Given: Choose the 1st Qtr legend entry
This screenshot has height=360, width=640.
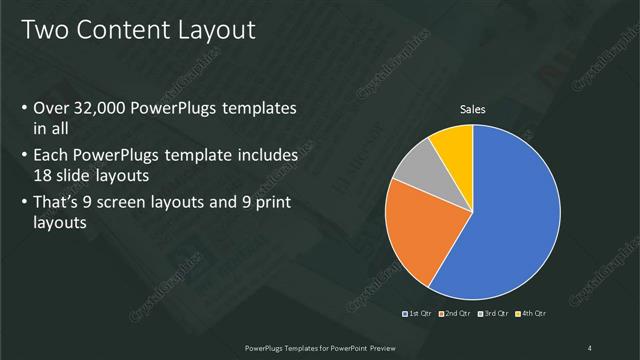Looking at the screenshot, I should pos(415,314).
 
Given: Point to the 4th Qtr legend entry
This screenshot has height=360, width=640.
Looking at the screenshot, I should pos(531,314).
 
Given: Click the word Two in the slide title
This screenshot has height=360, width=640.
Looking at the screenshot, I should pos(45,30).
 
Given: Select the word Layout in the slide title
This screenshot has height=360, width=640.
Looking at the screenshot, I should pos(217,30).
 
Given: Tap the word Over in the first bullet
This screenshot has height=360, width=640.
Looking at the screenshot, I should pos(51,108).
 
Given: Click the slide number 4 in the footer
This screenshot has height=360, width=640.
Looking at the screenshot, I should pos(590,347).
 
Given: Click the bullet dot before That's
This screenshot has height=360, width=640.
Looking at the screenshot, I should pos(24,203).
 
